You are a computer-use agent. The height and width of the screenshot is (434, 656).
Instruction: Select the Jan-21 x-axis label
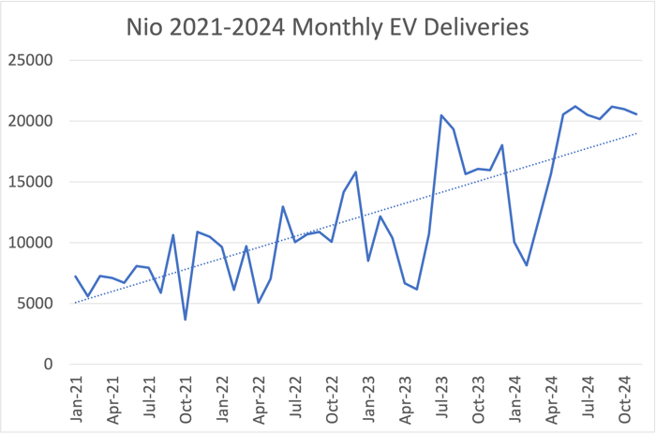coord(77,397)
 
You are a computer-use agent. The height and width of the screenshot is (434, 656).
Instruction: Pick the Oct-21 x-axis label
coord(186,397)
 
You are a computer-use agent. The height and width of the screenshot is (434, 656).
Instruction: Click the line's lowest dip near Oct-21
coord(186,320)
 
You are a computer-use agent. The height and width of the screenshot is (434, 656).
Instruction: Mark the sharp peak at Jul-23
coord(441,115)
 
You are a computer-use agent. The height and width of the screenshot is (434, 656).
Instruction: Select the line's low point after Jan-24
coord(527,265)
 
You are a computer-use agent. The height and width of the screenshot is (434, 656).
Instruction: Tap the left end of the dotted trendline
coord(75,303)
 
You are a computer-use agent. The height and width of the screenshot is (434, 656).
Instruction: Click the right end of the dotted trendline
coord(637,133)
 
